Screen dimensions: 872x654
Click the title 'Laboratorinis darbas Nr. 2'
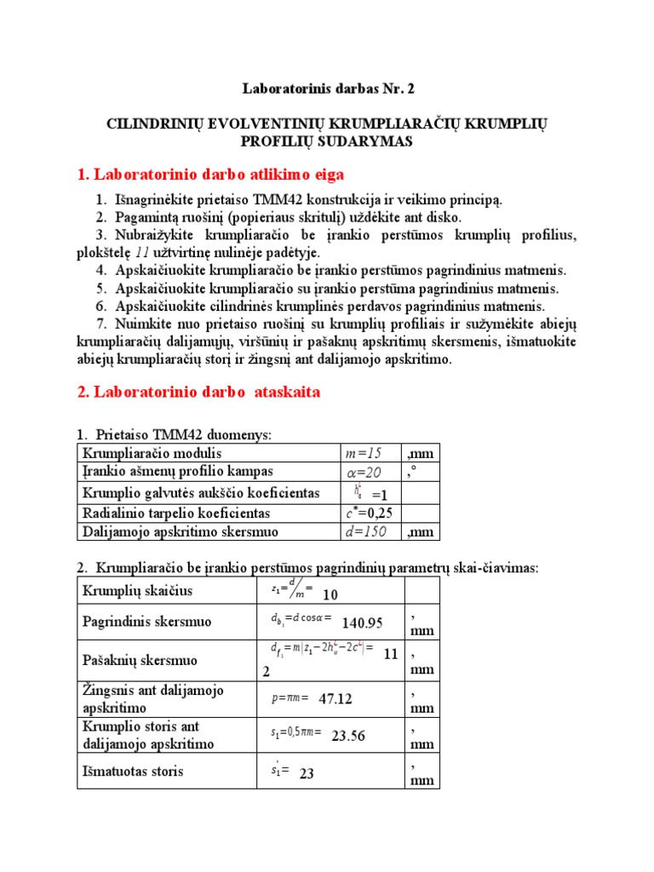click(326, 89)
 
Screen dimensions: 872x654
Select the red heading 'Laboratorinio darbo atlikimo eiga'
click(210, 175)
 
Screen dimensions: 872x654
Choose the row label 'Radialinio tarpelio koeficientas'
click(175, 513)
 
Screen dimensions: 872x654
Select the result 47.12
click(336, 699)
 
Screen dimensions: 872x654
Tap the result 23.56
click(348, 736)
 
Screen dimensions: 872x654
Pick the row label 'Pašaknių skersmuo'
click(139, 660)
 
